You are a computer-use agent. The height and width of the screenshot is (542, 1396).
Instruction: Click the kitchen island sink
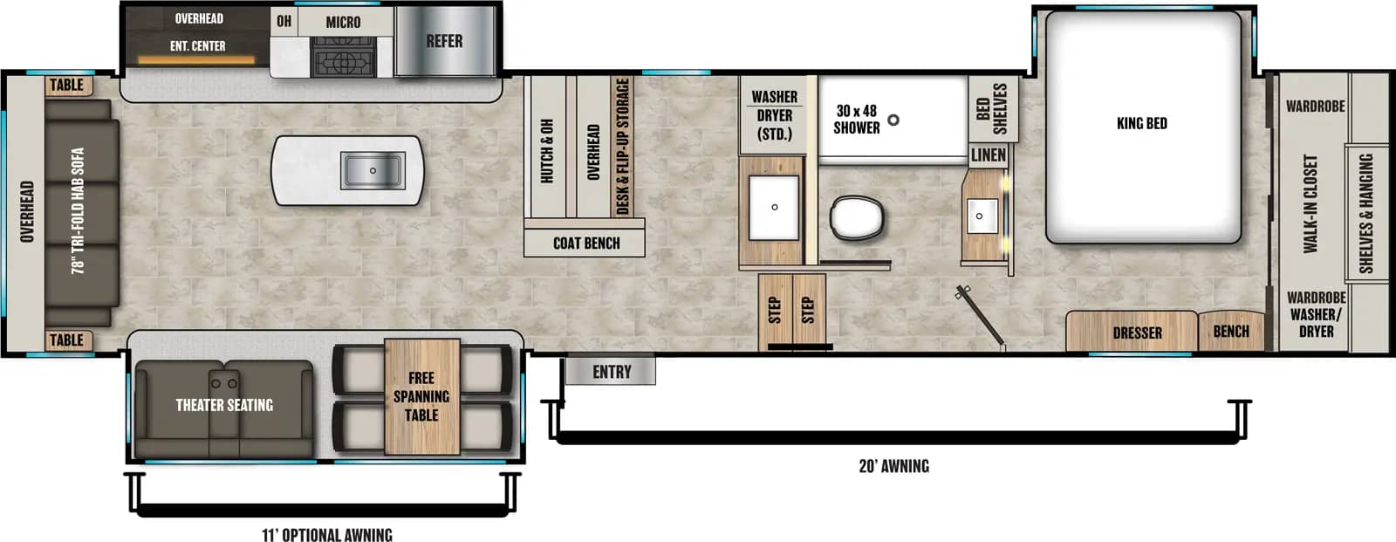[373, 170]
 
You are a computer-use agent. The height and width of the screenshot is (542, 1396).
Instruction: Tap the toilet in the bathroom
[857, 218]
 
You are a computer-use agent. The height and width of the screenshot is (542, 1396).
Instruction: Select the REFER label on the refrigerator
[444, 41]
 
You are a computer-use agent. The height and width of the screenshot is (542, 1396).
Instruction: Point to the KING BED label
[1141, 123]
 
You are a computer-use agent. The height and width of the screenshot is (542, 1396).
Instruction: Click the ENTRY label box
[611, 372]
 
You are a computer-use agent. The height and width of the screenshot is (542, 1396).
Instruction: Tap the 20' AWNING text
[893, 466]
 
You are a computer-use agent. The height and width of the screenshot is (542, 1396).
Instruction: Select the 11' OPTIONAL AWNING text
[327, 534]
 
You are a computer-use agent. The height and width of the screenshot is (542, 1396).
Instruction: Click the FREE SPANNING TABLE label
[421, 396]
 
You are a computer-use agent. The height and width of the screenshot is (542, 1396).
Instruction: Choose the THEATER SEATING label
[224, 405]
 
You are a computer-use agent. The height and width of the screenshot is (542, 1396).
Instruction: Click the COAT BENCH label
[586, 244]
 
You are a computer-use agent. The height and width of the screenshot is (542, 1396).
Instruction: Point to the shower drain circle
[893, 120]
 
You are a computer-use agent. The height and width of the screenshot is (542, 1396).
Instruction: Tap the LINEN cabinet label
[988, 155]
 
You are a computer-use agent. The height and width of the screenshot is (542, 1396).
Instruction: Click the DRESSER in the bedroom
[1136, 333]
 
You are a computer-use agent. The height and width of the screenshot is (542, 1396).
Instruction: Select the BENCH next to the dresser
[1230, 331]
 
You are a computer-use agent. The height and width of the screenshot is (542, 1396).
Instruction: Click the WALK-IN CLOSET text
[1310, 204]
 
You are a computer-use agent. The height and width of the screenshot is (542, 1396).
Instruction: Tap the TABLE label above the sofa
[66, 85]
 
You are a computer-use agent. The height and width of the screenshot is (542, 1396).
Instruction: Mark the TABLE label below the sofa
[66, 340]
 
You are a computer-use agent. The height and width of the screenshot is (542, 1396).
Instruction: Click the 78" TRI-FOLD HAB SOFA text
[79, 210]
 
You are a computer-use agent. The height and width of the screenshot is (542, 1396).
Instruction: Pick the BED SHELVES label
[991, 108]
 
